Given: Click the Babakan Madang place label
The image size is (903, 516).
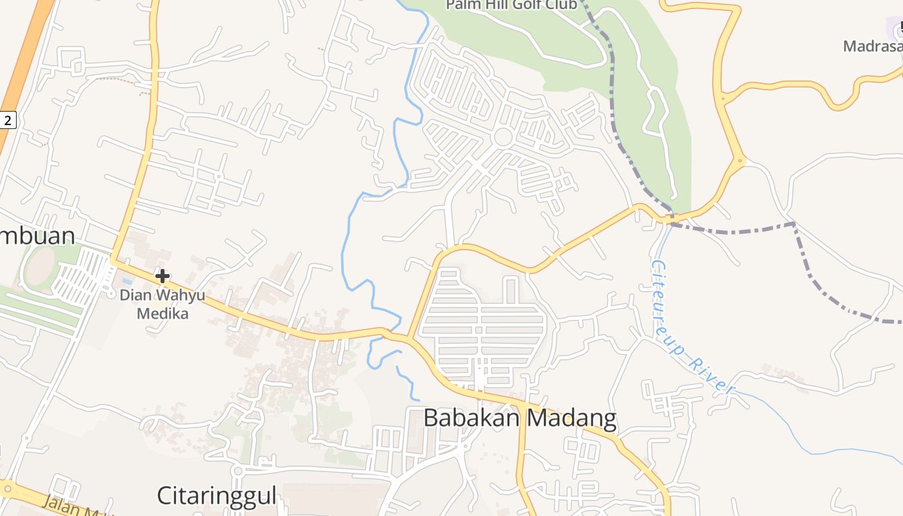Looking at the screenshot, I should [520, 419].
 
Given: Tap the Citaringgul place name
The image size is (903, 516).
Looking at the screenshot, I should [217, 496].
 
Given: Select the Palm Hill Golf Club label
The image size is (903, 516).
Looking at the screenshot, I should [511, 5].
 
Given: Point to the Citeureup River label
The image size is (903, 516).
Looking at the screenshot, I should [691, 326].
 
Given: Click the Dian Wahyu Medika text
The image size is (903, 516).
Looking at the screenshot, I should [163, 304].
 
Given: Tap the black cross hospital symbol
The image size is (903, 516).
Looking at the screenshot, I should [163, 277].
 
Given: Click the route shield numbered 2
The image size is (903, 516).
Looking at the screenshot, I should [7, 119].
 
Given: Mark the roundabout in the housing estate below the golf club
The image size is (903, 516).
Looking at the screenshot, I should [503, 137].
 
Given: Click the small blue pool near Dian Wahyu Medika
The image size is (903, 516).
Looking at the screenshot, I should [127, 282].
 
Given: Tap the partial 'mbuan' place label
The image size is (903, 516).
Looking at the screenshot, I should [37, 235].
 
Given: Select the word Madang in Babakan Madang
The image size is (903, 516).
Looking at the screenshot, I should [570, 419].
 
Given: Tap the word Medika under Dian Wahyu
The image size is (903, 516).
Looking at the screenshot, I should [163, 314].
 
